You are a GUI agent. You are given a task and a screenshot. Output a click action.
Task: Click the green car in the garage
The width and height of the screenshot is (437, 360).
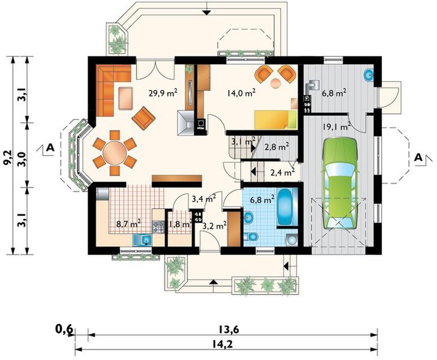click(x=340, y=184)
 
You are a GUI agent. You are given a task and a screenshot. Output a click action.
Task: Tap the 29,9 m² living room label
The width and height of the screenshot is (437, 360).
click(x=163, y=93)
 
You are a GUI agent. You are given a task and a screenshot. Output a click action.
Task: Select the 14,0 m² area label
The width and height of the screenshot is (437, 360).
click(x=241, y=93)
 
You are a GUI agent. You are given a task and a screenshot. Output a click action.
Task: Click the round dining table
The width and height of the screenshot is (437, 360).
click(x=115, y=152)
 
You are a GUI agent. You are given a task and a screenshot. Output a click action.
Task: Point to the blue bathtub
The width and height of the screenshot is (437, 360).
click(x=287, y=206)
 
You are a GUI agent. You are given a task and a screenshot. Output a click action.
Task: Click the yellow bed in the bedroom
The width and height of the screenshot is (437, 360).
click(x=276, y=119)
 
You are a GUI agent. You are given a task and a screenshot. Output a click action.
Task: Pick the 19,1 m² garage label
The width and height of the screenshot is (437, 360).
click(x=336, y=127)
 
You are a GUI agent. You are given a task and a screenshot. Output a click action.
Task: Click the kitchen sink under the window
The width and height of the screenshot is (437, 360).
click(x=142, y=240)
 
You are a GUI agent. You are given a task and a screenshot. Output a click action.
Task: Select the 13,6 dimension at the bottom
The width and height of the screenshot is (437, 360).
click(x=228, y=329)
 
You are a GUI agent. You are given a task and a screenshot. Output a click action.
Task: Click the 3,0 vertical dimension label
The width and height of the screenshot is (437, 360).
click(x=22, y=160)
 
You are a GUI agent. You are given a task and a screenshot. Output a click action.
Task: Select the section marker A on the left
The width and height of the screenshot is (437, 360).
click(x=50, y=147)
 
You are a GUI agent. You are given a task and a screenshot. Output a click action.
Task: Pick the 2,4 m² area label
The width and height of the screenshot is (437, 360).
click(x=283, y=173)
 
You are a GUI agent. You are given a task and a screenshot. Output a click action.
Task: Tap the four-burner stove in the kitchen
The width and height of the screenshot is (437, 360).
click(x=158, y=227)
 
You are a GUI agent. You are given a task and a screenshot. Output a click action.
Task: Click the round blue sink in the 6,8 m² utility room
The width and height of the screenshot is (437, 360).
click(x=369, y=75)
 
